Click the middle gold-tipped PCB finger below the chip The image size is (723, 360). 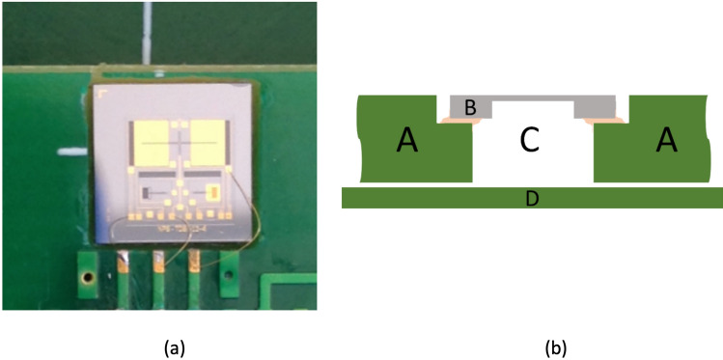(x=159, y=263)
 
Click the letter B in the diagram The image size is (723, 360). (x=470, y=108)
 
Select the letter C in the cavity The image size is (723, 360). (x=528, y=141)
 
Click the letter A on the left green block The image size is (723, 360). (x=407, y=142)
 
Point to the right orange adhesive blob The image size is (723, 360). (x=599, y=121)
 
